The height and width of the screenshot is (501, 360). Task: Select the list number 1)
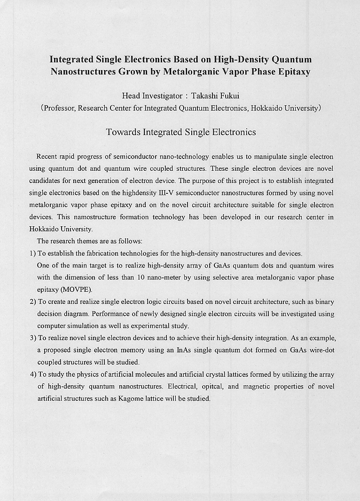[x=32, y=254]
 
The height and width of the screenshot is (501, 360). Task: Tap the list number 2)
[x=32, y=302]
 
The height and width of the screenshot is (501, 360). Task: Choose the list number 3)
[x=32, y=338]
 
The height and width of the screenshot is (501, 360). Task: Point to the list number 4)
[x=32, y=374]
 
